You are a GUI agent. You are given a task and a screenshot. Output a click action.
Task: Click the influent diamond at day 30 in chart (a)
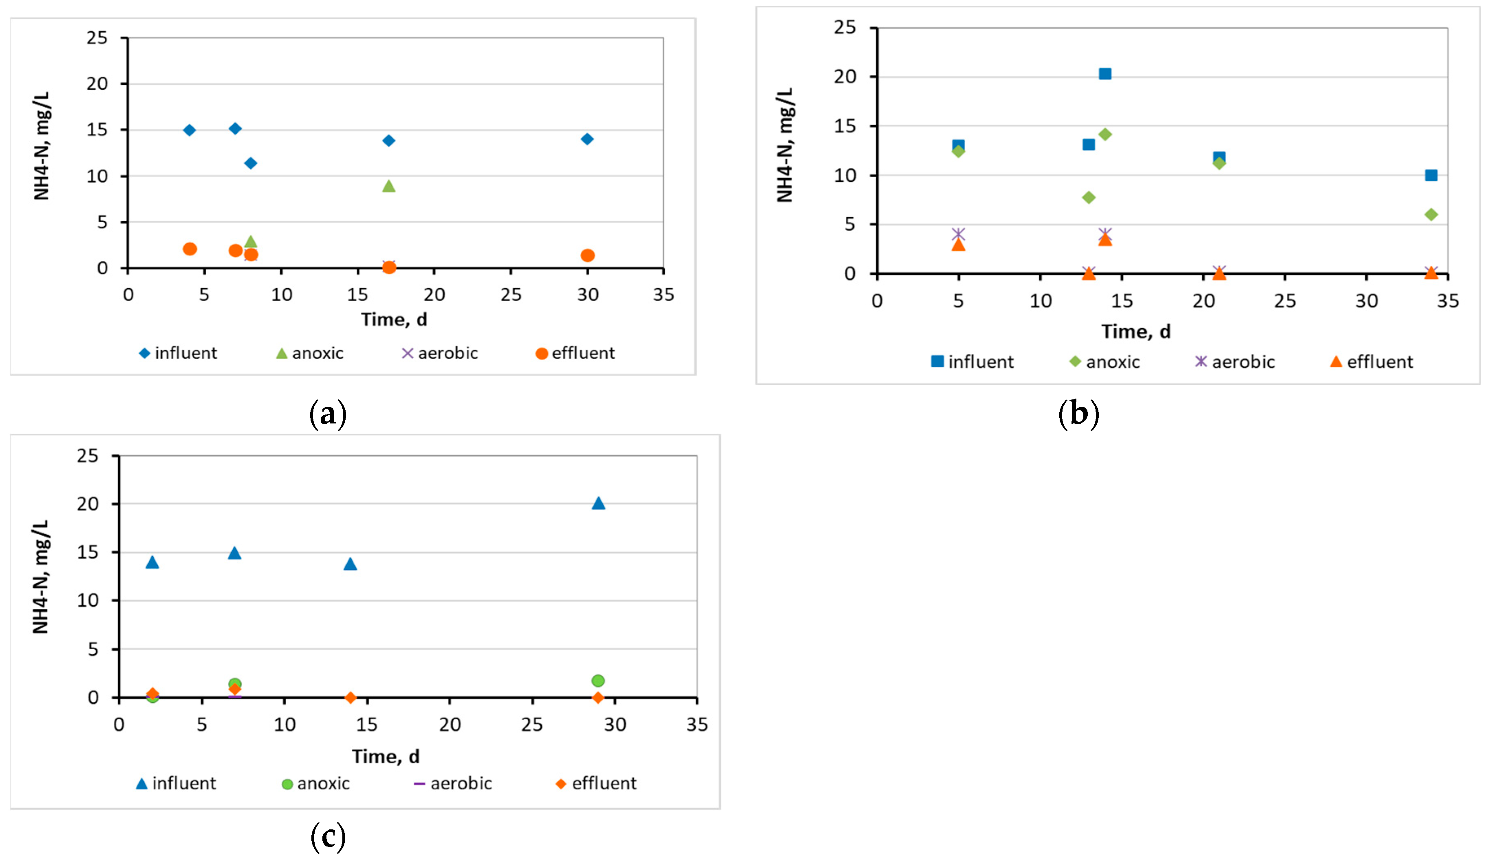coord(587,139)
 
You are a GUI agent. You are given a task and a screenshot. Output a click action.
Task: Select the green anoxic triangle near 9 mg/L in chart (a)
coord(388,186)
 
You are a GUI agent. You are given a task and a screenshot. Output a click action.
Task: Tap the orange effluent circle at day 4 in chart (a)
coord(190,249)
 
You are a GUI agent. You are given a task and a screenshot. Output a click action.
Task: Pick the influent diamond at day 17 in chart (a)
coord(388,140)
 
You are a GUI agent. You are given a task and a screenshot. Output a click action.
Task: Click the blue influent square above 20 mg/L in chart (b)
coord(1105,74)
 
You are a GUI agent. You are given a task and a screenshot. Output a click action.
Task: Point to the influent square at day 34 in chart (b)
coord(1431,175)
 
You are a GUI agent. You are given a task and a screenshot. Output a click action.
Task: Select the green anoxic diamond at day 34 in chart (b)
coord(1431,215)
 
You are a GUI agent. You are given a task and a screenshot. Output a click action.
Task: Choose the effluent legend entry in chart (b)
coord(1371,362)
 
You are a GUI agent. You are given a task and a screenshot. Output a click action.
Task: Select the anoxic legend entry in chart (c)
coord(315,784)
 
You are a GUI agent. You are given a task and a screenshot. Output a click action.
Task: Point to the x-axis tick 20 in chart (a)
coord(434,295)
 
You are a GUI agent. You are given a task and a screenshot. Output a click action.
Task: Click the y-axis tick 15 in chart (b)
coord(844,126)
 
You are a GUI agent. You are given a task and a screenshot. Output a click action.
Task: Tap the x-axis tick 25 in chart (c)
coord(532,725)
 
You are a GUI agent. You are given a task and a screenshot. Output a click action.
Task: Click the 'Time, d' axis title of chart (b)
coord(1136,332)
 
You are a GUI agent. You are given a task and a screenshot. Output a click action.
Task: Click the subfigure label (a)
coord(328,414)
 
